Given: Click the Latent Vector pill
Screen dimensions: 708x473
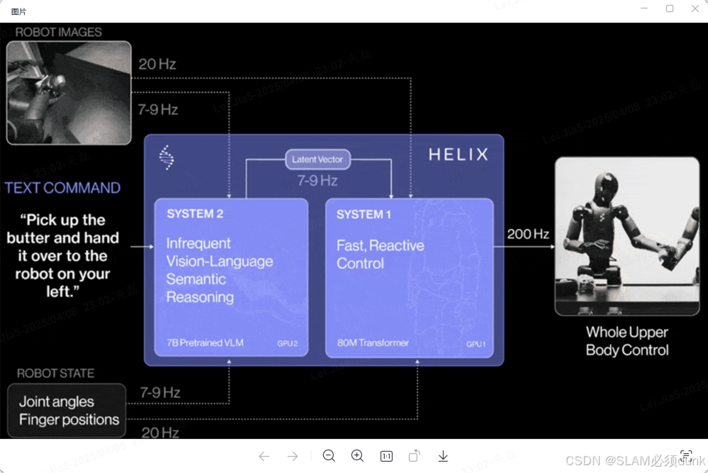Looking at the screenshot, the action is coord(317,159).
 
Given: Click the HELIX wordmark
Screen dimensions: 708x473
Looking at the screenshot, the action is coord(458,154).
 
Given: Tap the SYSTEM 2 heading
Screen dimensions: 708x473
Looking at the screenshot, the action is coord(194,214).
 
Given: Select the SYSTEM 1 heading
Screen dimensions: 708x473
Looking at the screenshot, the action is coord(364,214).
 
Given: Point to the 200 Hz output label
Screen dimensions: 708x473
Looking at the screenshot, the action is coord(528,234).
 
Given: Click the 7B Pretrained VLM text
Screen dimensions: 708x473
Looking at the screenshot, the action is coord(205,343).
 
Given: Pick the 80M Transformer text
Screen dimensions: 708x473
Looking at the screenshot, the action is coord(373,343).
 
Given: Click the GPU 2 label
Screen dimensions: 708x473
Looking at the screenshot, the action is coord(287,344).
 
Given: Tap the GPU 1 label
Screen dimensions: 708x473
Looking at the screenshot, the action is coord(476,344).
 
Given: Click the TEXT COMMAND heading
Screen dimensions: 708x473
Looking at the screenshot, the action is coord(62,188).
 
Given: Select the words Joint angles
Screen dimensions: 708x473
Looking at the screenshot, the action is coord(56,401).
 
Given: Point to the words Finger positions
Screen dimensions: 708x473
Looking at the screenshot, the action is coord(69,419).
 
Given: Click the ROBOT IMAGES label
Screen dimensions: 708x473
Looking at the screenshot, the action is coord(58,32).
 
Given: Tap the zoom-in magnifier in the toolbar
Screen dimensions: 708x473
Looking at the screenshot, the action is coord(357,456).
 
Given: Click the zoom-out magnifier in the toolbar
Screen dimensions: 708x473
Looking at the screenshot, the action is coord(329,456).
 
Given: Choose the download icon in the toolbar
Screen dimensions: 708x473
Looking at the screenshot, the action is coord(443,456).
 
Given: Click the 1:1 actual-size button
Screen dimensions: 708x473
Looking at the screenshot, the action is coord(386,456).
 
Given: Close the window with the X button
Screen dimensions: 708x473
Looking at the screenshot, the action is coord(695,9).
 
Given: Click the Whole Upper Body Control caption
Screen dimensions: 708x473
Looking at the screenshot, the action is coord(626,340).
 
